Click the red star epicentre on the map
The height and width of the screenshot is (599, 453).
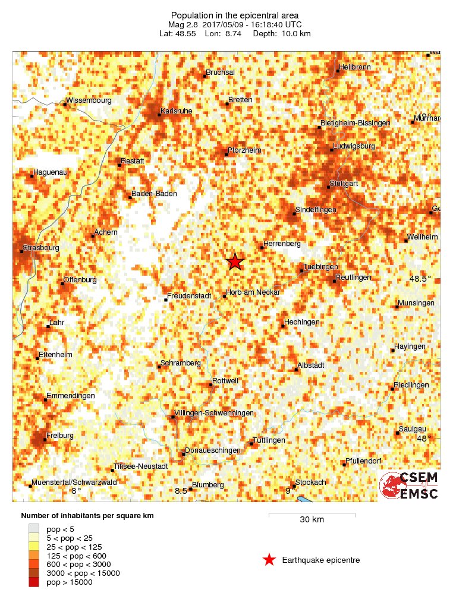click(x=235, y=261)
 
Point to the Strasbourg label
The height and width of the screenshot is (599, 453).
click(x=40, y=248)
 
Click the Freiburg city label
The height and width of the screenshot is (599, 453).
click(x=60, y=436)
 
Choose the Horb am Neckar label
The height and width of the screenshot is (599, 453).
click(x=253, y=292)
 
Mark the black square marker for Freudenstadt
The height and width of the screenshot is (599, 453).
click(x=165, y=299)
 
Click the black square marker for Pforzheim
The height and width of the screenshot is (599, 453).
click(x=227, y=155)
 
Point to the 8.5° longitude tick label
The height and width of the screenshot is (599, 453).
click(x=181, y=491)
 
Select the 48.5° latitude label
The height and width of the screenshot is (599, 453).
click(x=420, y=279)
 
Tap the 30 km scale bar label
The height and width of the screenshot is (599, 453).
click(x=312, y=520)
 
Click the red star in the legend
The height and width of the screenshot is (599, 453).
click(x=269, y=559)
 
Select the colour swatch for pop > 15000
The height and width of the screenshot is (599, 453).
click(x=34, y=582)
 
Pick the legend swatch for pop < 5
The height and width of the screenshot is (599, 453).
click(x=34, y=528)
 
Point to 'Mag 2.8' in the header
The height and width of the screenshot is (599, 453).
click(x=183, y=24)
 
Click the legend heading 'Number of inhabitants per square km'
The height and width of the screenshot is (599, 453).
click(x=87, y=515)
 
